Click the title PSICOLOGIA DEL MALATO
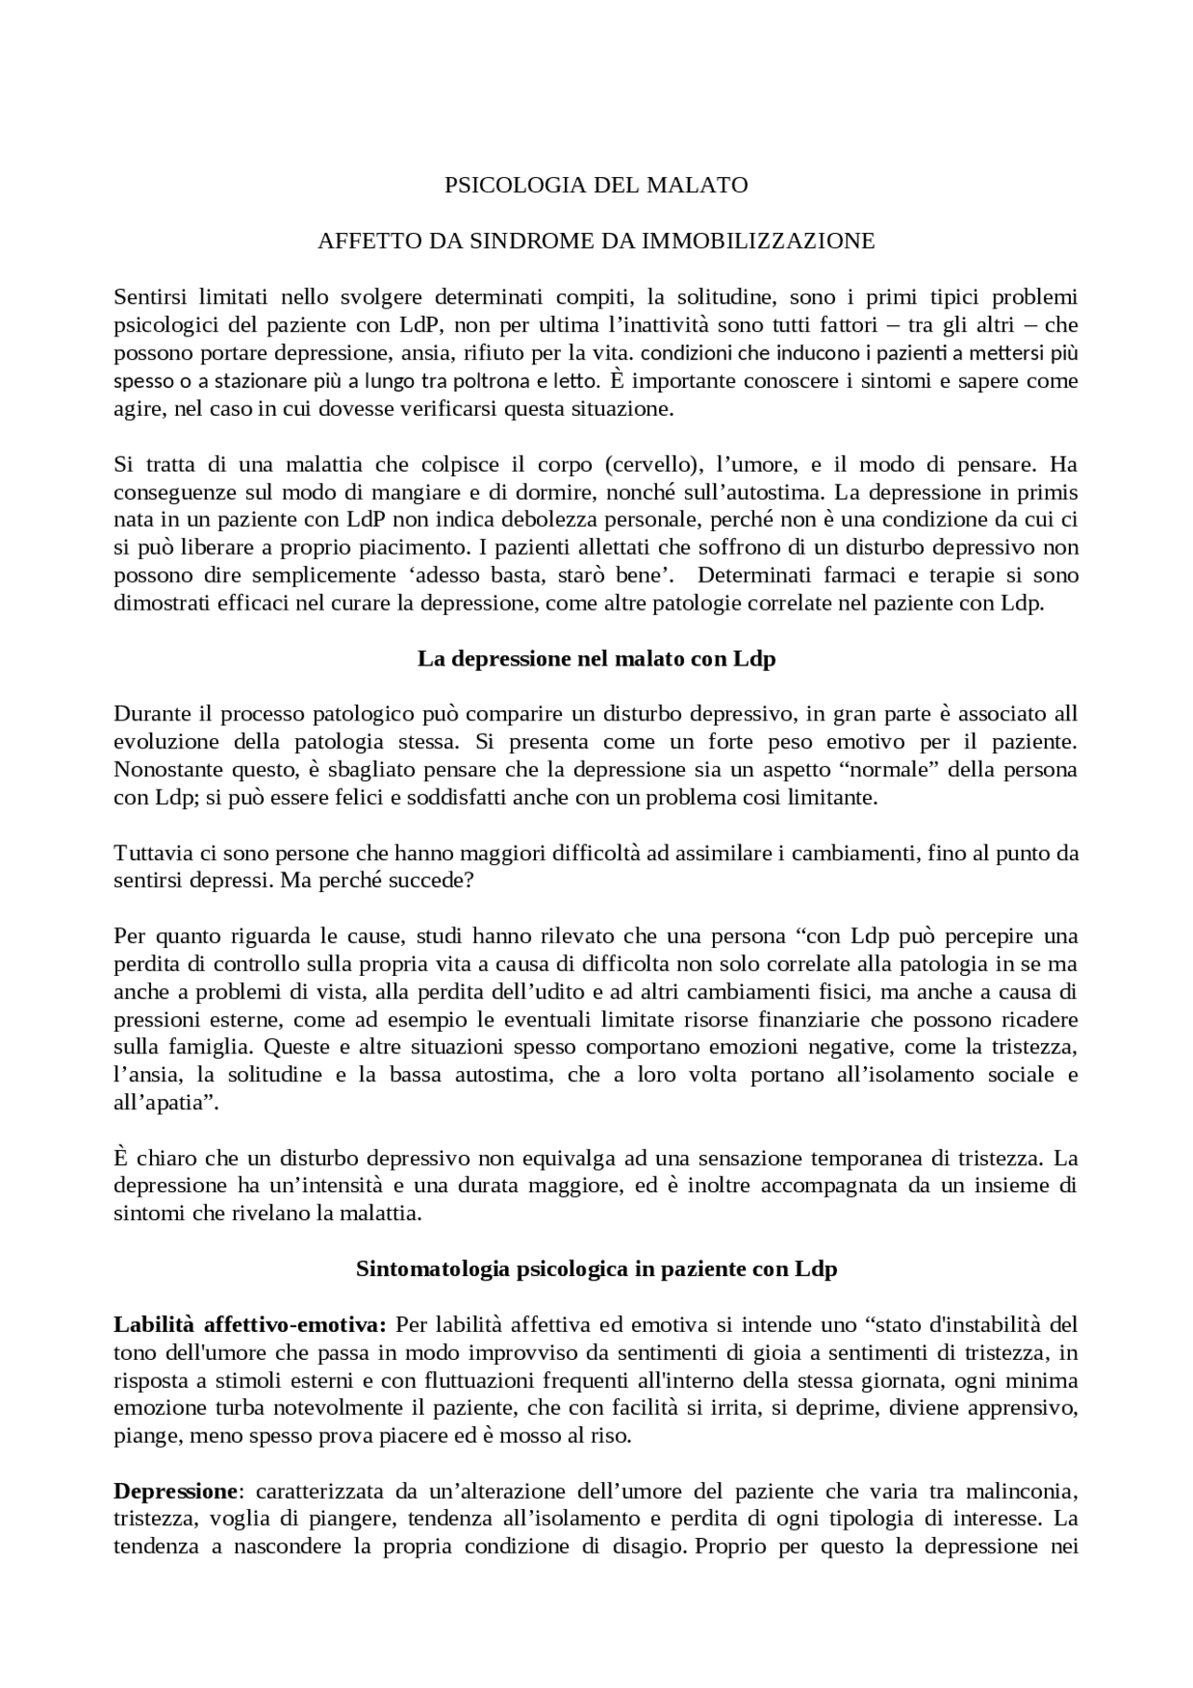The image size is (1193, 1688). [596, 185]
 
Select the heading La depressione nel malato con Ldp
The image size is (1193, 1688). [596, 659]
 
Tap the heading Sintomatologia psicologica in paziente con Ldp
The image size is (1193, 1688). [596, 1269]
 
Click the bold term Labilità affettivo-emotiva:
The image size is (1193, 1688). [249, 1324]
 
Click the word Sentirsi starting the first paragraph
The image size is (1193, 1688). [151, 297]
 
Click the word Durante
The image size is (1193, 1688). [151, 714]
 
